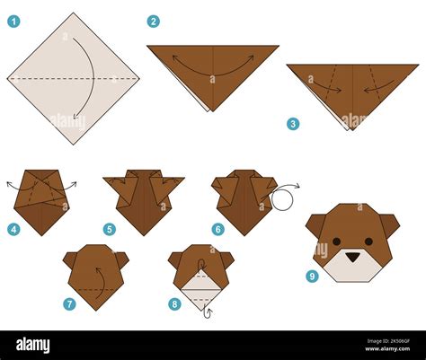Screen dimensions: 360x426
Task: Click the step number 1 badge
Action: (13, 21)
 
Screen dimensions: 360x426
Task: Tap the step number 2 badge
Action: (154, 21)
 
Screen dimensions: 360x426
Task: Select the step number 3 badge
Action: (293, 124)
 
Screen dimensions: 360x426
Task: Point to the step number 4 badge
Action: (13, 229)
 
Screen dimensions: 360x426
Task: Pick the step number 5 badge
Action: (110, 229)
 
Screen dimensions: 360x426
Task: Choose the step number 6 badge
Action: (217, 229)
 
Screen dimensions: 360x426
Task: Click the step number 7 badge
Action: (69, 303)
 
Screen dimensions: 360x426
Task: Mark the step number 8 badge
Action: (175, 303)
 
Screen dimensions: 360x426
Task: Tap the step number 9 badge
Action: (312, 276)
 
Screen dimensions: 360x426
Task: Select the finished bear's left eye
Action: (337, 241)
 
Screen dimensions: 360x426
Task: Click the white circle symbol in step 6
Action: (282, 198)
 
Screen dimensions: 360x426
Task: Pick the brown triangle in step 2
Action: (212, 72)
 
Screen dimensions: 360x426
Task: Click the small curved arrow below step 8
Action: (209, 312)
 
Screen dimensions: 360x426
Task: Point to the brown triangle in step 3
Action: (352, 90)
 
